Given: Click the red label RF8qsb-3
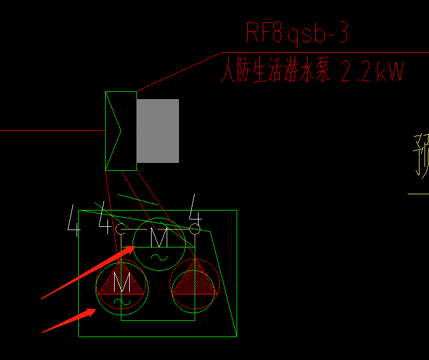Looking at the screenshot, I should coord(297,33).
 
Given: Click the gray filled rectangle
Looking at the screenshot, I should coord(158,131).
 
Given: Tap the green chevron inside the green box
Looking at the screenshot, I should coord(118,131).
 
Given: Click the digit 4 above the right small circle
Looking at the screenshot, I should coord(195,208).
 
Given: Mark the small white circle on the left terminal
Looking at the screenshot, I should coord(121,229).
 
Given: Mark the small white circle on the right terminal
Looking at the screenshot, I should coord(194,228).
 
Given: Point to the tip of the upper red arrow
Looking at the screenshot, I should coord(134,247).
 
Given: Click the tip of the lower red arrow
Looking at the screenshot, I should coord(96,310).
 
